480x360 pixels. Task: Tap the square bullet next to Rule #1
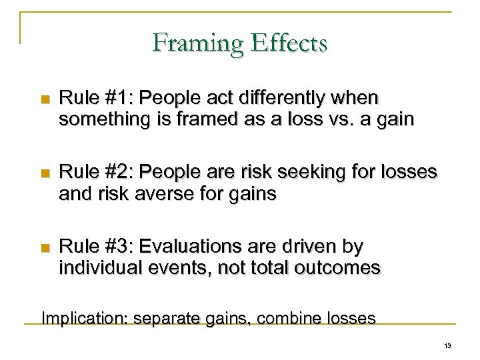(x=45, y=99)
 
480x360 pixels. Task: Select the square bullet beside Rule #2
(x=45, y=173)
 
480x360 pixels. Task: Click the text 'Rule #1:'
(x=87, y=99)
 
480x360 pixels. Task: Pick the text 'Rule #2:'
(x=87, y=173)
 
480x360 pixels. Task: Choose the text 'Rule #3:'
(x=87, y=247)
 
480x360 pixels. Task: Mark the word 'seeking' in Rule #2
(x=321, y=173)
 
